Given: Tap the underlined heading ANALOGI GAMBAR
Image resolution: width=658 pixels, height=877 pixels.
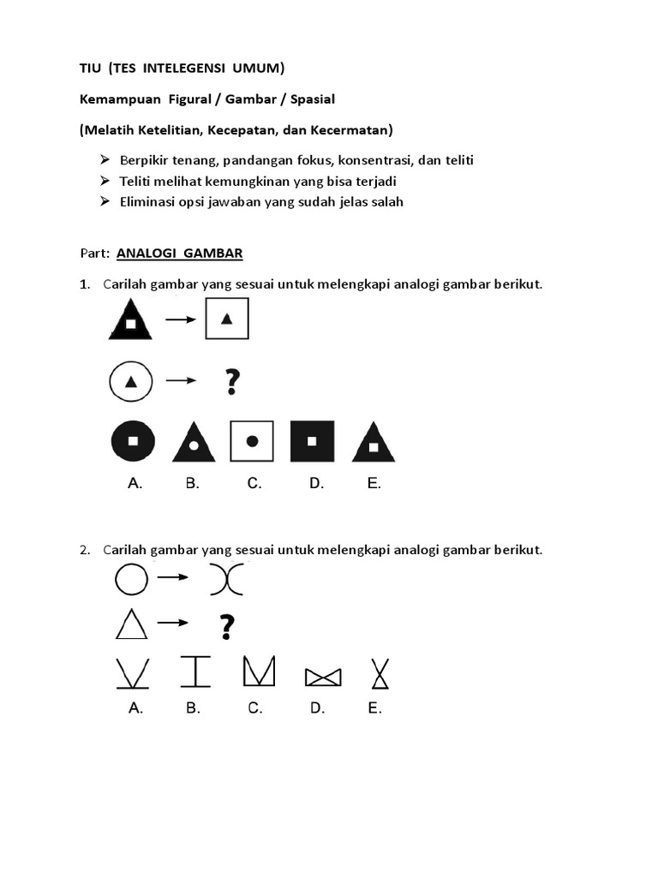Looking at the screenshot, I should pyautogui.click(x=179, y=253).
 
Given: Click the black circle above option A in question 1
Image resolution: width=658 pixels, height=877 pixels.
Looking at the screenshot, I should pyautogui.click(x=133, y=442).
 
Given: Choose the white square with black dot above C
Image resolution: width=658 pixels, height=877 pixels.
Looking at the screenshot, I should pyautogui.click(x=252, y=442).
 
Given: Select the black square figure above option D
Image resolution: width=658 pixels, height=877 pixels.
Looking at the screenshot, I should pyautogui.click(x=312, y=442).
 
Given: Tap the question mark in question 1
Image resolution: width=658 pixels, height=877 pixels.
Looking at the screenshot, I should pyautogui.click(x=231, y=382).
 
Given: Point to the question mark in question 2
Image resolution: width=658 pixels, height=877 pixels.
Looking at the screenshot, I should pyautogui.click(x=226, y=627).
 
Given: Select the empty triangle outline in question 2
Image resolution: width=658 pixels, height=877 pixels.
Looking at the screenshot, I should pyautogui.click(x=130, y=625).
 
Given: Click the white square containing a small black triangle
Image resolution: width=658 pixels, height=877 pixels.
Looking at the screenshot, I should pyautogui.click(x=227, y=319).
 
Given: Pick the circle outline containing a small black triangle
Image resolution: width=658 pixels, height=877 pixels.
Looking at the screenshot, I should pyautogui.click(x=130, y=382).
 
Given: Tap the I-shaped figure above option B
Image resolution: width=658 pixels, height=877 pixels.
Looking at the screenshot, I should pyautogui.click(x=195, y=672).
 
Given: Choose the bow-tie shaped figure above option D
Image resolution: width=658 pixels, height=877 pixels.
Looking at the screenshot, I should pyautogui.click(x=323, y=677).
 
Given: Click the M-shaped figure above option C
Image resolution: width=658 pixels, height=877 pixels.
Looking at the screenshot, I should pyautogui.click(x=258, y=671).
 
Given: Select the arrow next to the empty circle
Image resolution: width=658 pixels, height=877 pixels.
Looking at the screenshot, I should pyautogui.click(x=174, y=578).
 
